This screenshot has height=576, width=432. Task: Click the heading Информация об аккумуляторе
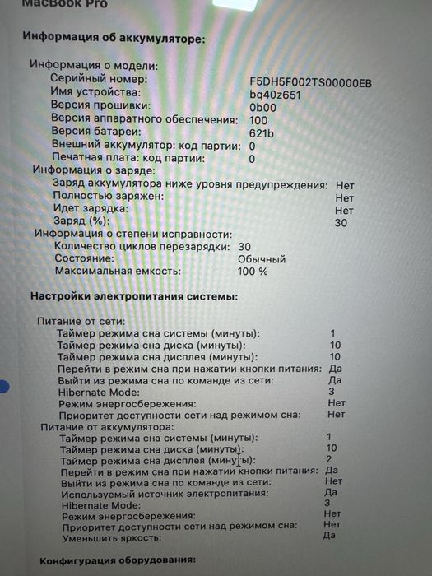(114, 37)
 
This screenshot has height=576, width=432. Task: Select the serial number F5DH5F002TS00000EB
(310, 81)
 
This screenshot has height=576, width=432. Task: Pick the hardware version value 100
(258, 120)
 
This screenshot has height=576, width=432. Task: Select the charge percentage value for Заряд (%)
(341, 223)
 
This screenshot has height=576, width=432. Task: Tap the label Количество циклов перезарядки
(141, 246)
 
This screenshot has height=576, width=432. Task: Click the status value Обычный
(261, 258)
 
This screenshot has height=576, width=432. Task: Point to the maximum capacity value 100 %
(253, 271)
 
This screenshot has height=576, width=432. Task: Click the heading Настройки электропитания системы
(133, 295)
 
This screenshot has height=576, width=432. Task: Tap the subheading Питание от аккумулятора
(107, 428)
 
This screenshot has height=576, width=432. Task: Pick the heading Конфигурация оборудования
(116, 562)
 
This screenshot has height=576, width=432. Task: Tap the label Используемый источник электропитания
(164, 493)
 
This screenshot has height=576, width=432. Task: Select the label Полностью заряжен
(109, 197)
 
